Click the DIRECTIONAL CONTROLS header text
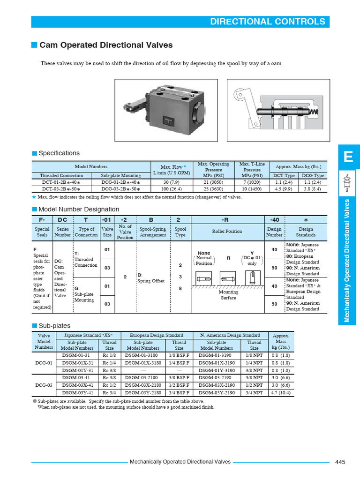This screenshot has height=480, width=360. pos(267,22)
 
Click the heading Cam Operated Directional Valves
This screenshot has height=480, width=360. pos(106,45)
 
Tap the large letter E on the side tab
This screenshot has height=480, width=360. pos(348,157)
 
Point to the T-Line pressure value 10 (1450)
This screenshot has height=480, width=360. pos(252,189)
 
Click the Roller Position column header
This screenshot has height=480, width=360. pos(227,232)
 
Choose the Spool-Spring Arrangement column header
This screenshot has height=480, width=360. pos(152,232)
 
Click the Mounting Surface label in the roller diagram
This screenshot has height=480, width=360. pos(228,294)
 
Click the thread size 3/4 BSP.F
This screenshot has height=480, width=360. pos(179,393)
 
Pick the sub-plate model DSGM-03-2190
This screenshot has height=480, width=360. pos(217,378)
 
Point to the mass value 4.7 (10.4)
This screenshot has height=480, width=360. pos(280,393)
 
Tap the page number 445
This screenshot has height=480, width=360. pos(340,462)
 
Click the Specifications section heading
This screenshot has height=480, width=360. pos(59,153)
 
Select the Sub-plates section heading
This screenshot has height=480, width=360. pos(54,326)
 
